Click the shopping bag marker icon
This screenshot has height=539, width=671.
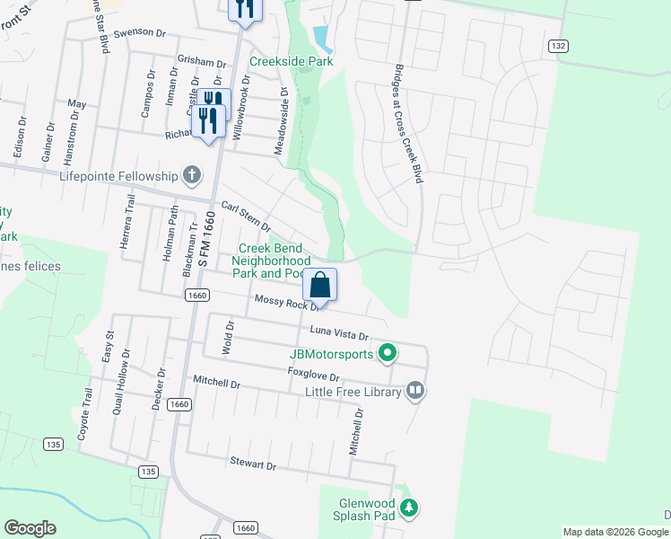click(x=320, y=286)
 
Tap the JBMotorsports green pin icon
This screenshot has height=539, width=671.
click(x=388, y=353)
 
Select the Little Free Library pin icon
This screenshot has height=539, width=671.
click(x=414, y=390)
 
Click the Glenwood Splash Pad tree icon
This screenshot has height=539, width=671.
click(x=409, y=509)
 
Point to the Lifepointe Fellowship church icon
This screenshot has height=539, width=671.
click(x=190, y=175)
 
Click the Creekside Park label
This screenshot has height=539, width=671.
click(x=291, y=61)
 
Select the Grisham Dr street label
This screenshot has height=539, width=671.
click(x=202, y=62)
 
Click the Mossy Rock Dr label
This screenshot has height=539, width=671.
click(x=287, y=302)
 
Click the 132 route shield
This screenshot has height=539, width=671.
click(x=558, y=45)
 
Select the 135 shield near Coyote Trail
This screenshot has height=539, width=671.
click(x=54, y=444)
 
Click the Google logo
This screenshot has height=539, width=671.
click(x=30, y=528)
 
